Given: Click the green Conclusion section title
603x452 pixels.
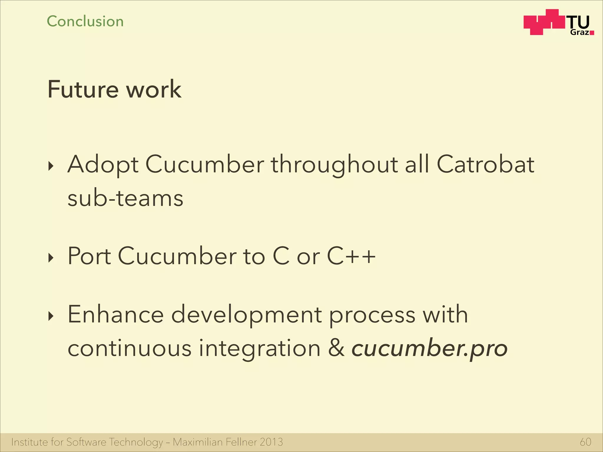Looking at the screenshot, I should (x=85, y=21).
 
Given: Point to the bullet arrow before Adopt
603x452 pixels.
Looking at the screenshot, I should (x=51, y=166).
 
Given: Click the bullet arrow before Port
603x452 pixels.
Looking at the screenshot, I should (x=51, y=258).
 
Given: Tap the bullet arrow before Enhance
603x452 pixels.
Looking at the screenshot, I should (x=51, y=317).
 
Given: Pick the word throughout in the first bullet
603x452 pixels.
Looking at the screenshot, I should (x=334, y=165).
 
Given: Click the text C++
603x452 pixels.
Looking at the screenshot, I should (x=351, y=256).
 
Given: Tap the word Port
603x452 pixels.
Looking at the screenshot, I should (x=89, y=256).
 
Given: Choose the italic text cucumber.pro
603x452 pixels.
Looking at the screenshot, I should (x=430, y=349).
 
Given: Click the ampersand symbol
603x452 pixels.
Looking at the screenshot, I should (x=336, y=348).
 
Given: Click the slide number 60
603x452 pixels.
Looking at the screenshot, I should (x=585, y=442).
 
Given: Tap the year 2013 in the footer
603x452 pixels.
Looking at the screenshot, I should (x=271, y=442).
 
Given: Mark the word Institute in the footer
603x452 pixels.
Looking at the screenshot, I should (x=29, y=442).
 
